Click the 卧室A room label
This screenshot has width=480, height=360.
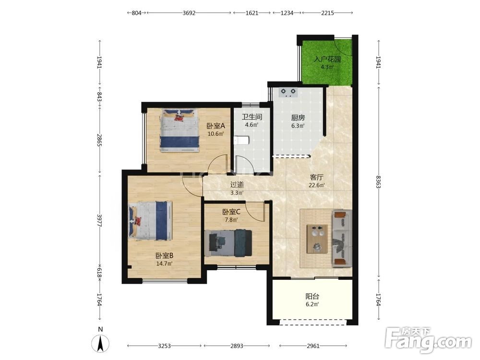point(216,126)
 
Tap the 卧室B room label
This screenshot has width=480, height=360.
point(164,256)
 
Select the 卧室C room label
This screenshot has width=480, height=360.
point(231,212)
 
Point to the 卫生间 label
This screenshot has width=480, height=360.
point(252,117)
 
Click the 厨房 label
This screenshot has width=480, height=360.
point(298,118)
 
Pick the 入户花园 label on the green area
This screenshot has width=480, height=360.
point(327,59)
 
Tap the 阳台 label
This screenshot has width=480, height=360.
point(312,296)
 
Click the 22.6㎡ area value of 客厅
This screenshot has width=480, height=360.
point(317,185)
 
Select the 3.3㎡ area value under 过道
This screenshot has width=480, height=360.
point(237,193)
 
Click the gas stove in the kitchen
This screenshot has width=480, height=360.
point(288,92)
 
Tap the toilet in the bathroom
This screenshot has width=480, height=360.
point(241,141)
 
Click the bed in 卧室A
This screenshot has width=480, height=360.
point(180,131)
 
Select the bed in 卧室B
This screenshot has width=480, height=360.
point(150,220)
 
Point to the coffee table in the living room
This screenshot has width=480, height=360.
point(317,239)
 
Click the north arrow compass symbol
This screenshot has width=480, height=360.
point(100,343)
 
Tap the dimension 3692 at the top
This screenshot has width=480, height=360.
point(189,13)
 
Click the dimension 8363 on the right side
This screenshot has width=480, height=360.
point(378,182)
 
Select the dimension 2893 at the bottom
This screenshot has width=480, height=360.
point(237,346)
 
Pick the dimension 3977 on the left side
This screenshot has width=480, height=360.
point(99,220)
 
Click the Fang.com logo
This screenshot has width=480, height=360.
point(429,339)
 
